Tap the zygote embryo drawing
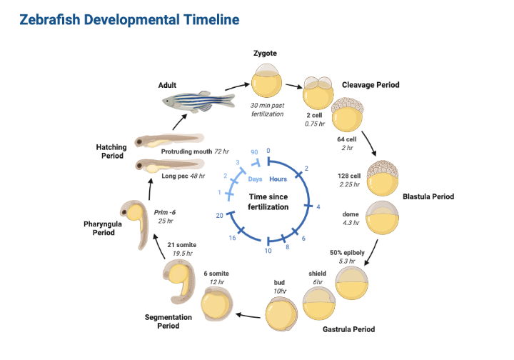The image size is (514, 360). point(266,81)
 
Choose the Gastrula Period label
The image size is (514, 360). point(348,329)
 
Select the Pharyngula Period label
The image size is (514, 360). point(104,228)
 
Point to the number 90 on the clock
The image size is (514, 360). point(254,153)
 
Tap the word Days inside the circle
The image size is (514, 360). point(256,179)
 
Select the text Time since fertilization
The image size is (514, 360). point(268,201)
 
